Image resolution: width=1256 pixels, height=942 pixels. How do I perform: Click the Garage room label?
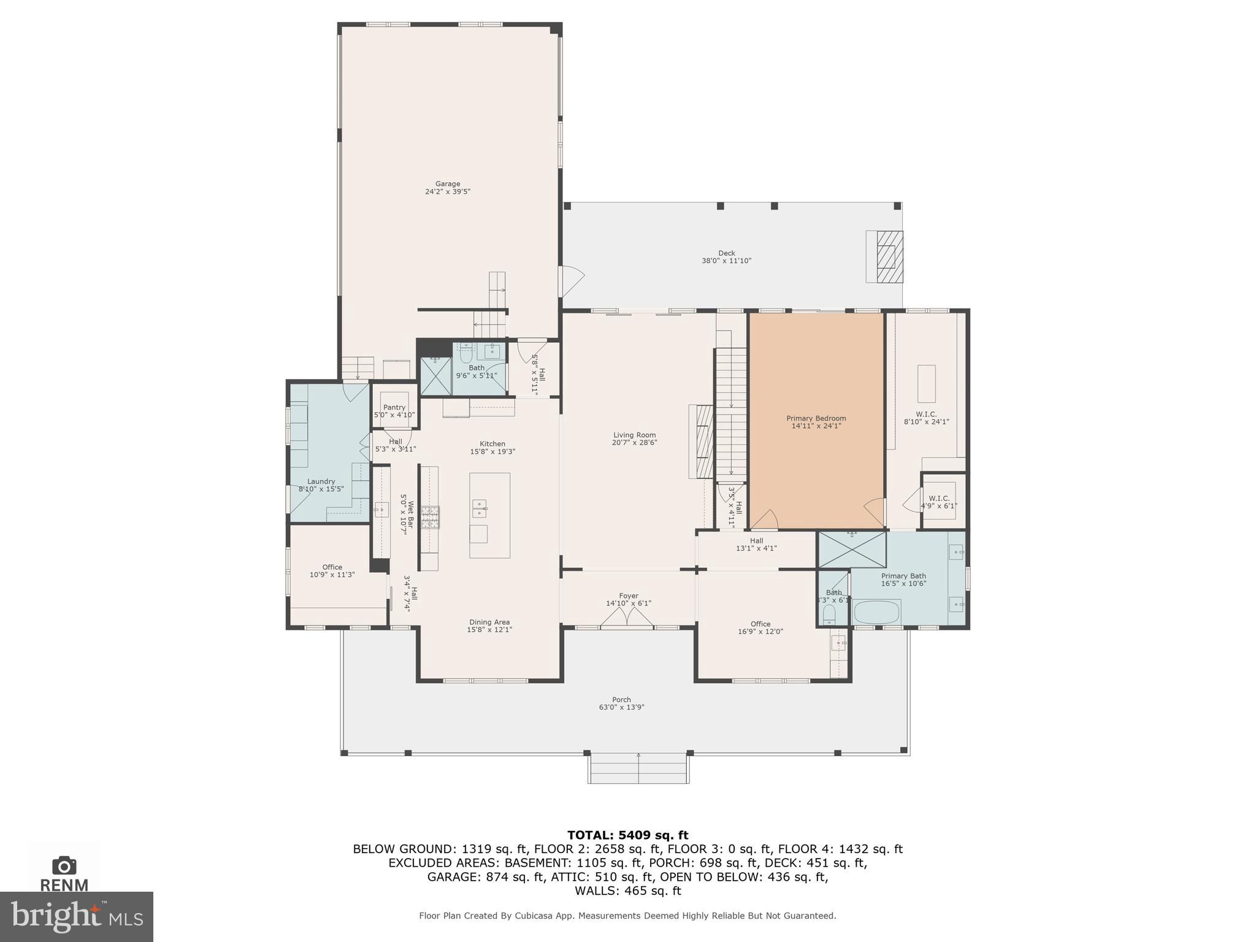[447, 183]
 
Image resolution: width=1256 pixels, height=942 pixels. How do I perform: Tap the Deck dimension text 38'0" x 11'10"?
[726, 261]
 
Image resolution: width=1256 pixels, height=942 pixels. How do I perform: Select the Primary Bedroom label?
[816, 418]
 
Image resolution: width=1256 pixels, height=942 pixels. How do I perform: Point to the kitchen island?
[489, 515]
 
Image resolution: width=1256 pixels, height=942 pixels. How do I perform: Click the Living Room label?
[634, 435]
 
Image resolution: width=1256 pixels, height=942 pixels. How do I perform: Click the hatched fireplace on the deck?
[889, 256]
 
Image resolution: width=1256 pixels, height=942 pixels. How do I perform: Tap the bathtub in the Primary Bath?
[877, 611]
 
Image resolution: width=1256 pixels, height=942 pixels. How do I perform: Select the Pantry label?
[394, 407]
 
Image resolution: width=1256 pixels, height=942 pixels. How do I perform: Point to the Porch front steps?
[638, 769]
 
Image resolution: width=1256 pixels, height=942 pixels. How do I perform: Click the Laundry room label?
[321, 481]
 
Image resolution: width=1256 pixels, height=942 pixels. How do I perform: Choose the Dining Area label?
[489, 622]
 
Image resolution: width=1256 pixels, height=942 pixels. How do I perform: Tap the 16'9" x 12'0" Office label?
[760, 628]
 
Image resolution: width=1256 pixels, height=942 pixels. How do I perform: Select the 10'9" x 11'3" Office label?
[332, 571]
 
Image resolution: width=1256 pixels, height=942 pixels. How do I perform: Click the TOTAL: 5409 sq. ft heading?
[627, 835]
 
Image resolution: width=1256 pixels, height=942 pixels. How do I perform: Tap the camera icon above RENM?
[64, 865]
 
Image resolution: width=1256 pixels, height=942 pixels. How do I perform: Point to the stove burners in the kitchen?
[430, 517]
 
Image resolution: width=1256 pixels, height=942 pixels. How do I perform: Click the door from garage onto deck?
[571, 281]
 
